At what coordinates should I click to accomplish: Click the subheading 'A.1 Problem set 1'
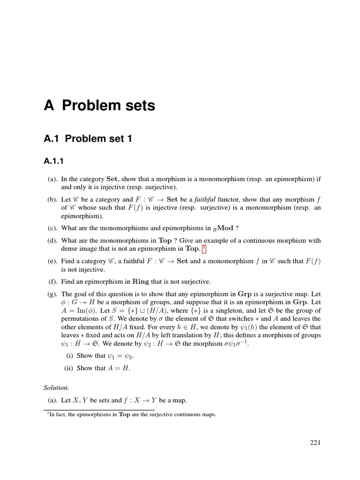pos(87,138)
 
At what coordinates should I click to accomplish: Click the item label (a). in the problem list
pos(52,179)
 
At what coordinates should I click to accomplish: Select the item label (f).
pos(52,281)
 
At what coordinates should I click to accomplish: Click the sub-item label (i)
pos(68,355)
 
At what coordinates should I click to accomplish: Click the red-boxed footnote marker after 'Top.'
pos(204,248)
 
